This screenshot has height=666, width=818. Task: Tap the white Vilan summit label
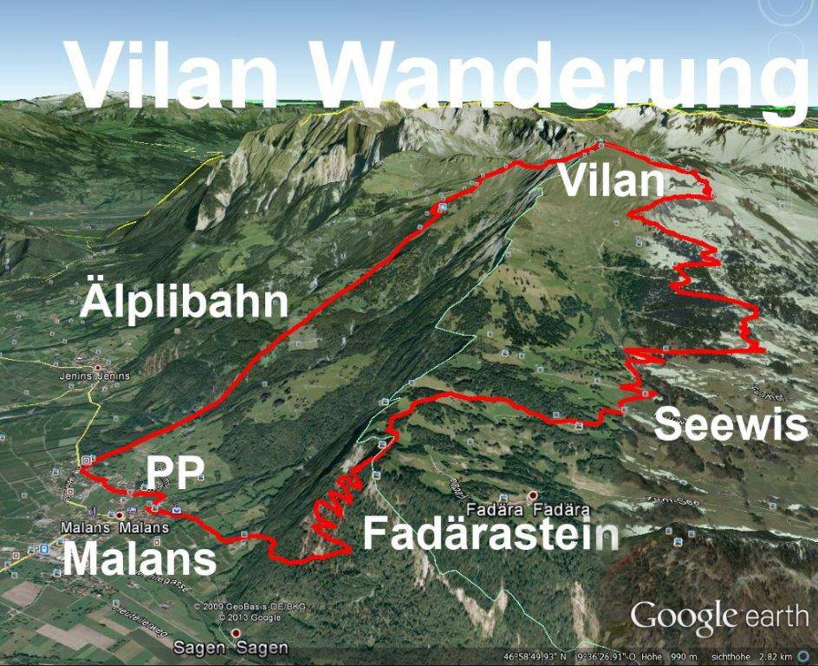[612, 180]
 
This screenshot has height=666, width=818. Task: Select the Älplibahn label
[185, 301]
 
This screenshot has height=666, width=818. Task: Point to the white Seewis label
[730, 425]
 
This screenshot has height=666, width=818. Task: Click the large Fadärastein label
[490, 533]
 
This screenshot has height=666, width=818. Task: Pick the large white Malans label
[140, 558]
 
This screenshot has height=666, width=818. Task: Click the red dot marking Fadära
[533, 495]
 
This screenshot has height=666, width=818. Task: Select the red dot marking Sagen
[235, 633]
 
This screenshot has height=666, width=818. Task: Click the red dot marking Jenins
[97, 367]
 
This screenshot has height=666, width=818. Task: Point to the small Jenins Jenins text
[94, 377]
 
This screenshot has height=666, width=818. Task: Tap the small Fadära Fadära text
[528, 509]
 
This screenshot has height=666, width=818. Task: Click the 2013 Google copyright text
[250, 617]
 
